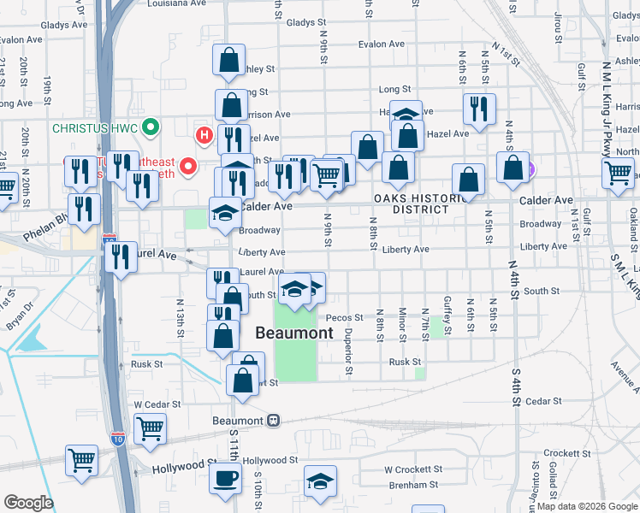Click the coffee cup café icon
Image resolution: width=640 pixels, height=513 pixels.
225,480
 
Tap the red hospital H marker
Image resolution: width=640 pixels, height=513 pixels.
204,134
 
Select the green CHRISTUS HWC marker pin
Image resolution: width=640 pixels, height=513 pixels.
151,128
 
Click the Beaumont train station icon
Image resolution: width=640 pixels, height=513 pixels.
273,421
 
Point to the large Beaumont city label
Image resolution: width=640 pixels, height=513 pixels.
293,333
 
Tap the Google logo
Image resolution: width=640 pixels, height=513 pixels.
28,503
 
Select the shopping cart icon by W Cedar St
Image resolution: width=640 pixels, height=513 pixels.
150,428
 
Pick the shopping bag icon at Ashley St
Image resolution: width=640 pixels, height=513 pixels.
229,61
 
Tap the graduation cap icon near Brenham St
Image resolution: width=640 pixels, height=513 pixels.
320,481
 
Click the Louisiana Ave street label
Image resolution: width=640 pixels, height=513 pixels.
176,3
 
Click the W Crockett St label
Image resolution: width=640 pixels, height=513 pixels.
412,469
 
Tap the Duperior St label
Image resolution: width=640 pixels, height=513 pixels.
348,354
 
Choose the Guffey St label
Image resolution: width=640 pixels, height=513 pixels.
447,306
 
